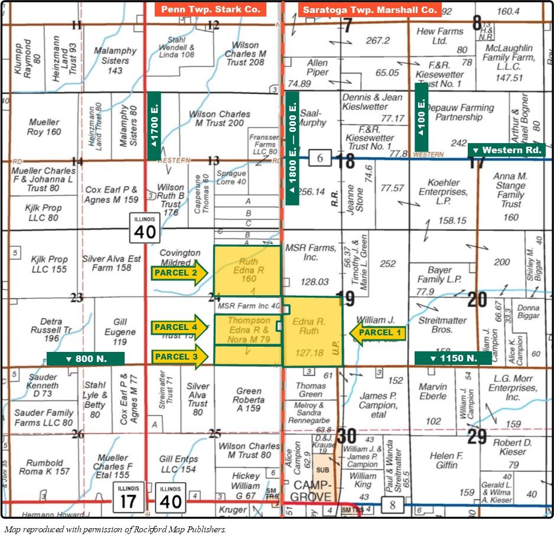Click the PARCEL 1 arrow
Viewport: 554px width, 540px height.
[x=377, y=333]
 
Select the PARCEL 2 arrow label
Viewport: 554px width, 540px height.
[x=179, y=273]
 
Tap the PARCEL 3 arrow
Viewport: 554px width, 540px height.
[x=179, y=356]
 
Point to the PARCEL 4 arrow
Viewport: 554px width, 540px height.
[x=179, y=327]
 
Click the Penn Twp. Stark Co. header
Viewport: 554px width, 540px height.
[x=211, y=9]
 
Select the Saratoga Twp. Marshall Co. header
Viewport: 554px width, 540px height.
[x=369, y=9]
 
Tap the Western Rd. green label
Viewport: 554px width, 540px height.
[x=506, y=150]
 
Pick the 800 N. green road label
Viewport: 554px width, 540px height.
[x=85, y=358]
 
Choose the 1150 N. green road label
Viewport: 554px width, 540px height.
[x=453, y=358]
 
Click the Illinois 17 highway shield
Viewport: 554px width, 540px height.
[x=128, y=497]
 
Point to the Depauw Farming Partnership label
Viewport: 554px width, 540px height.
[x=465, y=112]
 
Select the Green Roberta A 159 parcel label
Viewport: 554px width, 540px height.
[x=248, y=399]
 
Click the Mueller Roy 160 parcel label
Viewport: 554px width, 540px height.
[x=44, y=127]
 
